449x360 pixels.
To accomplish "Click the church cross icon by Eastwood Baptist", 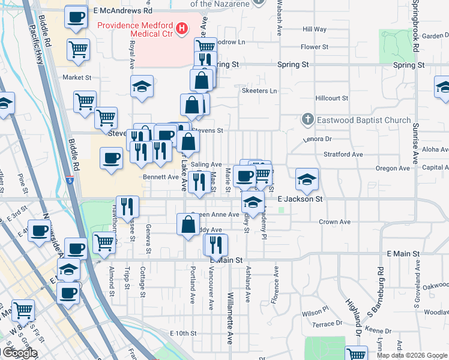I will tap(308, 120).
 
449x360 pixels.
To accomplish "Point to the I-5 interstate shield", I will tap(72, 179).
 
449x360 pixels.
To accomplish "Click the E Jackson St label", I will tap(300, 199).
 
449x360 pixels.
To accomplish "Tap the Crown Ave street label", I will tap(334, 222).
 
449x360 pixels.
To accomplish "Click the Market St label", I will tap(77, 77).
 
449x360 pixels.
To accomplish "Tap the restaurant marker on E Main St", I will tap(216, 244).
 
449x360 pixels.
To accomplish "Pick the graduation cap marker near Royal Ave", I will tap(142, 86).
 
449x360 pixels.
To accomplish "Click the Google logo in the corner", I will tap(20, 353).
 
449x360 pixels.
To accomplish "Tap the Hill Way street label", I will tap(315, 29).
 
